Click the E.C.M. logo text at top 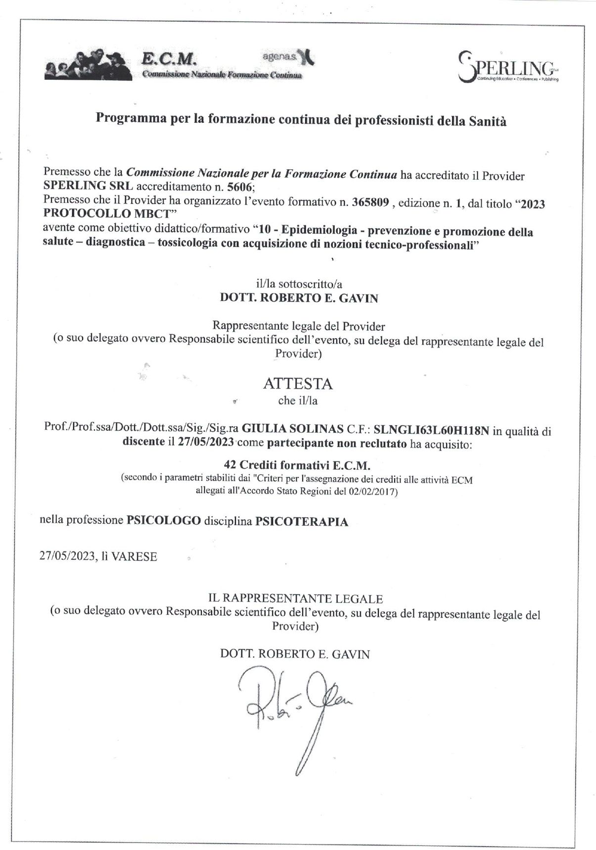[x=169, y=59]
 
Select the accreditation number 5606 [x=239, y=188]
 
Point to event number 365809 [x=370, y=202]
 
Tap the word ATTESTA [x=298, y=384]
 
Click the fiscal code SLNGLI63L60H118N [x=432, y=430]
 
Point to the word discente [x=143, y=442]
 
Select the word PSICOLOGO [x=164, y=521]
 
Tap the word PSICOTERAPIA [x=302, y=521]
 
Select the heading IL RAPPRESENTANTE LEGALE [x=296, y=599]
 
